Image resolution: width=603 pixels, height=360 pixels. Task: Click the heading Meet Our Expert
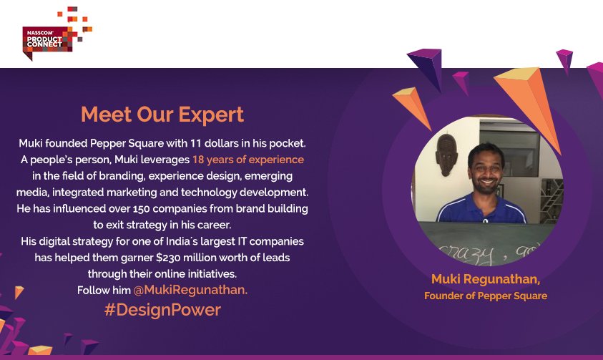[x=162, y=115]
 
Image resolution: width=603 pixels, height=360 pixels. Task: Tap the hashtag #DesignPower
[x=162, y=310]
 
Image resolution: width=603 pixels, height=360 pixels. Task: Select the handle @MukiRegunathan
[x=190, y=291]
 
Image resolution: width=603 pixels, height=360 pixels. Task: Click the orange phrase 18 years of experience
[x=247, y=160]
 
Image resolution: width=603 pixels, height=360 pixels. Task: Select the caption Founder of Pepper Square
[x=486, y=295]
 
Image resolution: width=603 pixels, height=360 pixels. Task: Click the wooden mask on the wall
[x=446, y=154]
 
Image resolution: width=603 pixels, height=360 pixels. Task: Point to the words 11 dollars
[x=222, y=143]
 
